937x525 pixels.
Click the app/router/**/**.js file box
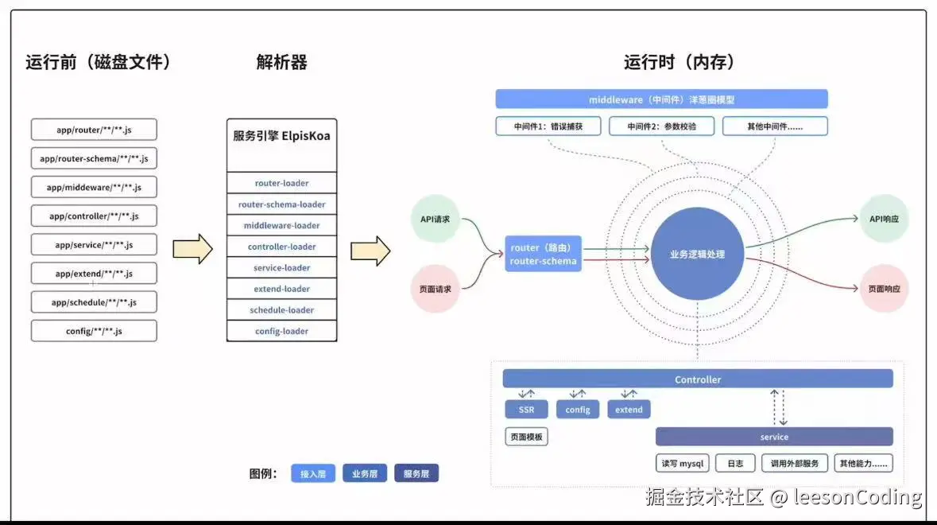(x=94, y=130)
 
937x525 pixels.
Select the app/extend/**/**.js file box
(x=94, y=274)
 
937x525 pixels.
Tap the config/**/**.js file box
(x=94, y=331)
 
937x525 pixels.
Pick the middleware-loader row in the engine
(x=281, y=225)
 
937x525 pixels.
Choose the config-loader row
(x=281, y=331)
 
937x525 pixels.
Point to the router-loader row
(x=281, y=183)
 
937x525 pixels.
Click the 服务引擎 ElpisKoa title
(x=281, y=136)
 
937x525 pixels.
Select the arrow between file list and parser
(x=193, y=249)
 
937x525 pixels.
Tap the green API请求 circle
(x=435, y=217)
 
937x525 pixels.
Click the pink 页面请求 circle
(x=435, y=289)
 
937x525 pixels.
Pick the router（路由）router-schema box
(x=544, y=255)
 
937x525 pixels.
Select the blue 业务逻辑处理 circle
(x=697, y=254)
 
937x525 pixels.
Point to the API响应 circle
(x=884, y=218)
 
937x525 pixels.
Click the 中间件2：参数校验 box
(x=661, y=126)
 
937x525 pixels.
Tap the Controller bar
(x=697, y=379)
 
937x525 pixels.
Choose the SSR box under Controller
(x=526, y=410)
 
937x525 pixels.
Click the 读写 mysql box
(x=683, y=463)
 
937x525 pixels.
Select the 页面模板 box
(x=526, y=437)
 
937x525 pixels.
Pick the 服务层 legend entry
(x=416, y=474)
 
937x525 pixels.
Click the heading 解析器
(x=281, y=62)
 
